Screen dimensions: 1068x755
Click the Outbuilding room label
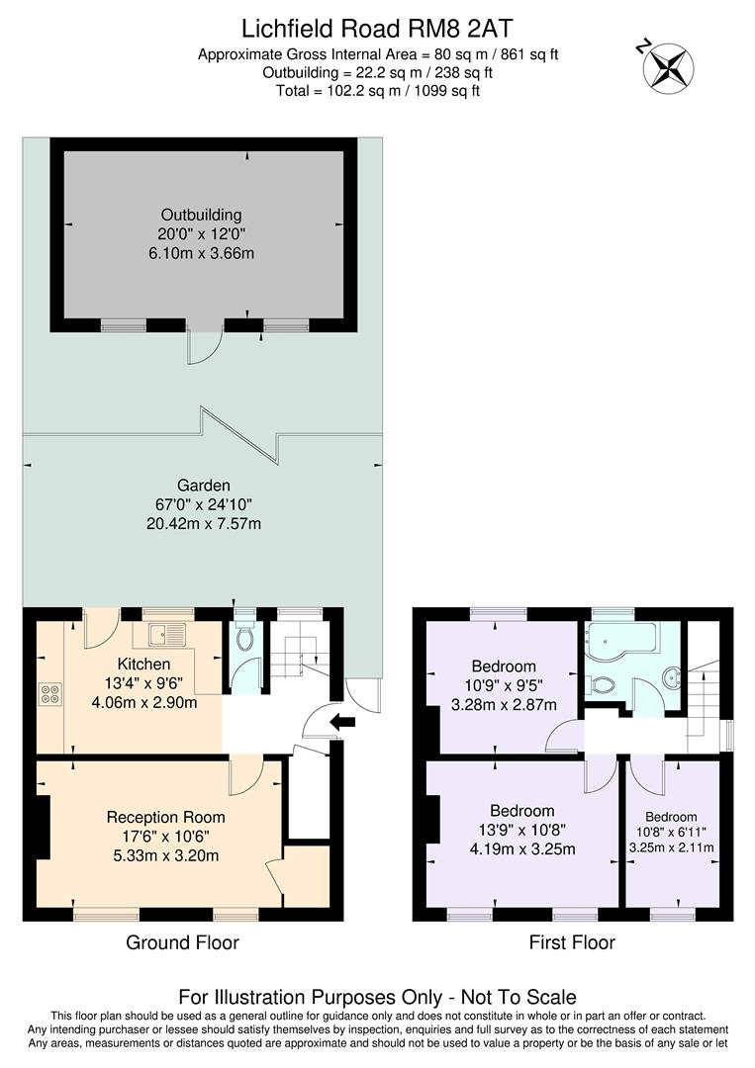tap(201, 215)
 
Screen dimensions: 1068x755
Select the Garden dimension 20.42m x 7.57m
tap(204, 523)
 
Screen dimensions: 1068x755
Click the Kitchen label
tap(143, 664)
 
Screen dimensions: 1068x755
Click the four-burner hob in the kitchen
tap(49, 694)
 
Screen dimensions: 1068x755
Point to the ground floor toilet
tap(244, 639)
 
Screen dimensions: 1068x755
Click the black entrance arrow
tap(342, 723)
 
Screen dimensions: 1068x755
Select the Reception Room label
tap(165, 817)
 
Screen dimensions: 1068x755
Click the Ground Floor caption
tap(182, 942)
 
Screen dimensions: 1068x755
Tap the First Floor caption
tap(573, 942)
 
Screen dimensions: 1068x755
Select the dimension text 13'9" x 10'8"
tap(523, 830)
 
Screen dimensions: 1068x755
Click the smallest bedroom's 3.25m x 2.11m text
tap(672, 847)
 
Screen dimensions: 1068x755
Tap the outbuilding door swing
tap(202, 346)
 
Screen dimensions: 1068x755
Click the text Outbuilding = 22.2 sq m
tap(377, 72)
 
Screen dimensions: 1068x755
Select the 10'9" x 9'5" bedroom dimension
tap(504, 685)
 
